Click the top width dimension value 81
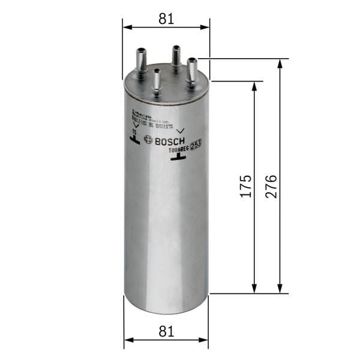pos(166,19)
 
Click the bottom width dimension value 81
pos(166,331)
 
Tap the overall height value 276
pos(271,187)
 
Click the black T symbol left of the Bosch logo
pos(134,140)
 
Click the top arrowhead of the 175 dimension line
pos(255,85)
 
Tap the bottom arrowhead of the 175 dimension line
pos(255,290)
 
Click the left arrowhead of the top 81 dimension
pos(126,27)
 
